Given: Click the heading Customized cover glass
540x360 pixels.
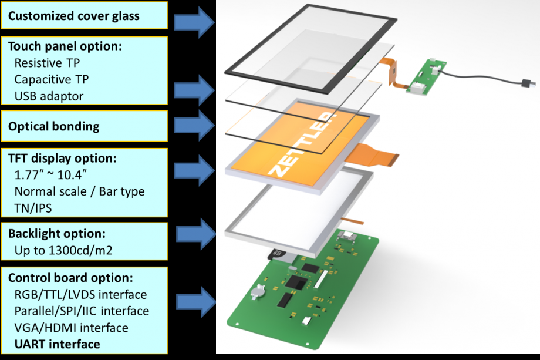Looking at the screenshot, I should tap(74, 16).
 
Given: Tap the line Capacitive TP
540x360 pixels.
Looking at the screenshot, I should tap(52, 78).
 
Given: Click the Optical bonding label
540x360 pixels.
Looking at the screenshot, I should tap(53, 126).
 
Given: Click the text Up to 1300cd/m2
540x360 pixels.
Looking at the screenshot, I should tap(63, 251).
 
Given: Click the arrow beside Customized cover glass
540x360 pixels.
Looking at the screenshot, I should tap(195, 22).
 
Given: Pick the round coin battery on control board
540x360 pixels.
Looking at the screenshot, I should tap(258, 290).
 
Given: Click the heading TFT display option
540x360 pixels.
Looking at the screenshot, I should tap(62, 159).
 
